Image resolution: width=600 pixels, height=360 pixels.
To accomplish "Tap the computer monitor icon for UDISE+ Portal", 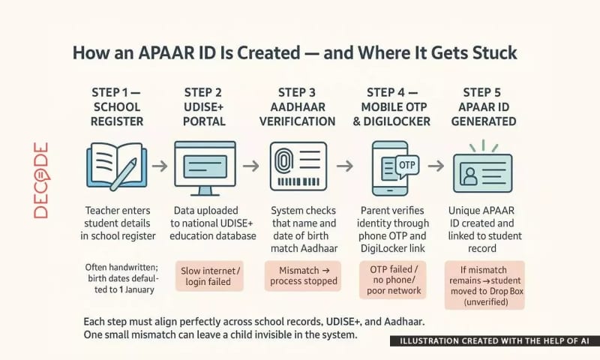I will click(205, 166).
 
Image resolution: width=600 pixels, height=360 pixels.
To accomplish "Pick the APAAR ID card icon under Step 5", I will click(482, 173).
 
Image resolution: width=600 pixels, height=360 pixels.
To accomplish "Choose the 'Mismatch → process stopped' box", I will click(303, 275).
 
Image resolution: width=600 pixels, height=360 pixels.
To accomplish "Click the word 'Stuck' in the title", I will click(490, 55).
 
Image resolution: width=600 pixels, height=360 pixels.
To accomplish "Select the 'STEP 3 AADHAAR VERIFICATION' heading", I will click(302, 106).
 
